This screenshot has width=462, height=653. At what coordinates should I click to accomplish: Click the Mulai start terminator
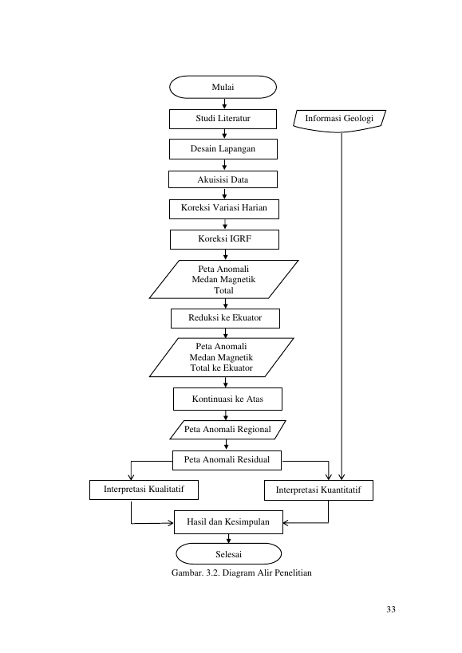[x=223, y=87]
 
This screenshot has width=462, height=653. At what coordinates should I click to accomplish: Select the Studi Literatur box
[x=223, y=119]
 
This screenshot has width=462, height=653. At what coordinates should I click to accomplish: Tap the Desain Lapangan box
[x=223, y=149]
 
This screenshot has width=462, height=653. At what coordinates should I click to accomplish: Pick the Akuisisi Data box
[x=223, y=179]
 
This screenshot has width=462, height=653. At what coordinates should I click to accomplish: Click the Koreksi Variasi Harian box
[x=224, y=209]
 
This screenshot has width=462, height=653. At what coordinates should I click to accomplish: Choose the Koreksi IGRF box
[x=224, y=239]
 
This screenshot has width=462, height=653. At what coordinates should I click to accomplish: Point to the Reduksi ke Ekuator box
[x=225, y=318]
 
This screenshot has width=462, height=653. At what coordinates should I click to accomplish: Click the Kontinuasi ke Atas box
[x=228, y=399]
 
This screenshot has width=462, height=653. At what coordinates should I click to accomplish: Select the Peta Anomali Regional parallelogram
[x=228, y=430]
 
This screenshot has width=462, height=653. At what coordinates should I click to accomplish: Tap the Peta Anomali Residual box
[x=227, y=460]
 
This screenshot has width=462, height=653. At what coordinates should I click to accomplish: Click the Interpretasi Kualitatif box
[x=144, y=490]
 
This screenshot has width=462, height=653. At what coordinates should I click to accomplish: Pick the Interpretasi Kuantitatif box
[x=318, y=490]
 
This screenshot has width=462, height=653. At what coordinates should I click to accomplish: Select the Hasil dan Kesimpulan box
[x=229, y=522]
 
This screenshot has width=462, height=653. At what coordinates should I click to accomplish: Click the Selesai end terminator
[x=229, y=554]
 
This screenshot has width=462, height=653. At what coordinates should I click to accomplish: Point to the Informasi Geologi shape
[x=340, y=120]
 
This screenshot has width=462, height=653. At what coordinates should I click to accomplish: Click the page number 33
[x=391, y=609]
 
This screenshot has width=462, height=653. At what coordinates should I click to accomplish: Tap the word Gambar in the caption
[x=187, y=572]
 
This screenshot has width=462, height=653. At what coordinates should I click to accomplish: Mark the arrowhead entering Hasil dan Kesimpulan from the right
[x=286, y=523]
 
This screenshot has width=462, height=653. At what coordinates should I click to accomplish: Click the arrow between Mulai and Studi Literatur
[x=224, y=104]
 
